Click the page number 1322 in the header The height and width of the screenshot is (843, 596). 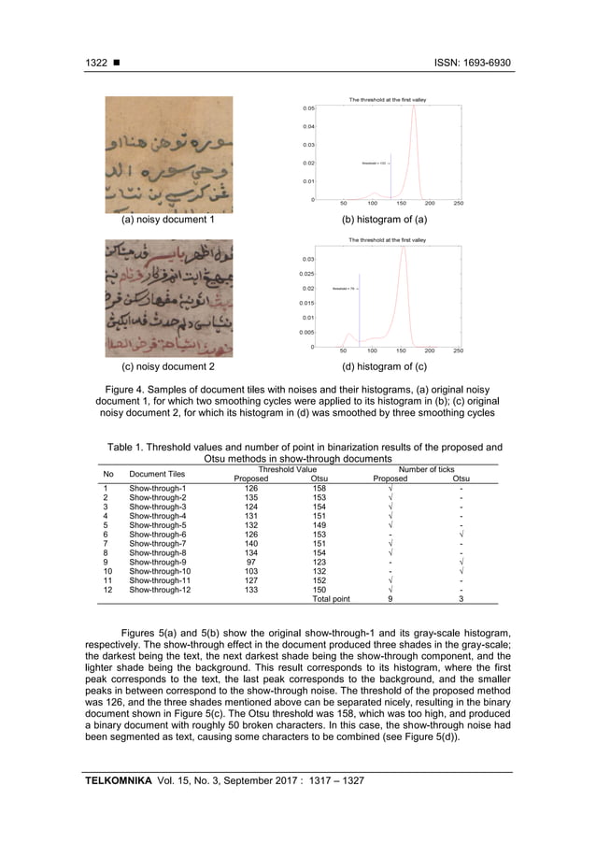click(x=96, y=63)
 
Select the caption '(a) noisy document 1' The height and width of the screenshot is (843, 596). click(x=168, y=220)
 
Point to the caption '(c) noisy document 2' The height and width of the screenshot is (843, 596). click(x=168, y=365)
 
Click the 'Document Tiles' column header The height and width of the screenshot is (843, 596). click(x=157, y=474)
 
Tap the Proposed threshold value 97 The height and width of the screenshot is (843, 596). click(x=250, y=561)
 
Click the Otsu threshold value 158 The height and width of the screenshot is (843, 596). click(x=319, y=488)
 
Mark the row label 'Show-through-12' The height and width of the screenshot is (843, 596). click(x=160, y=589)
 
